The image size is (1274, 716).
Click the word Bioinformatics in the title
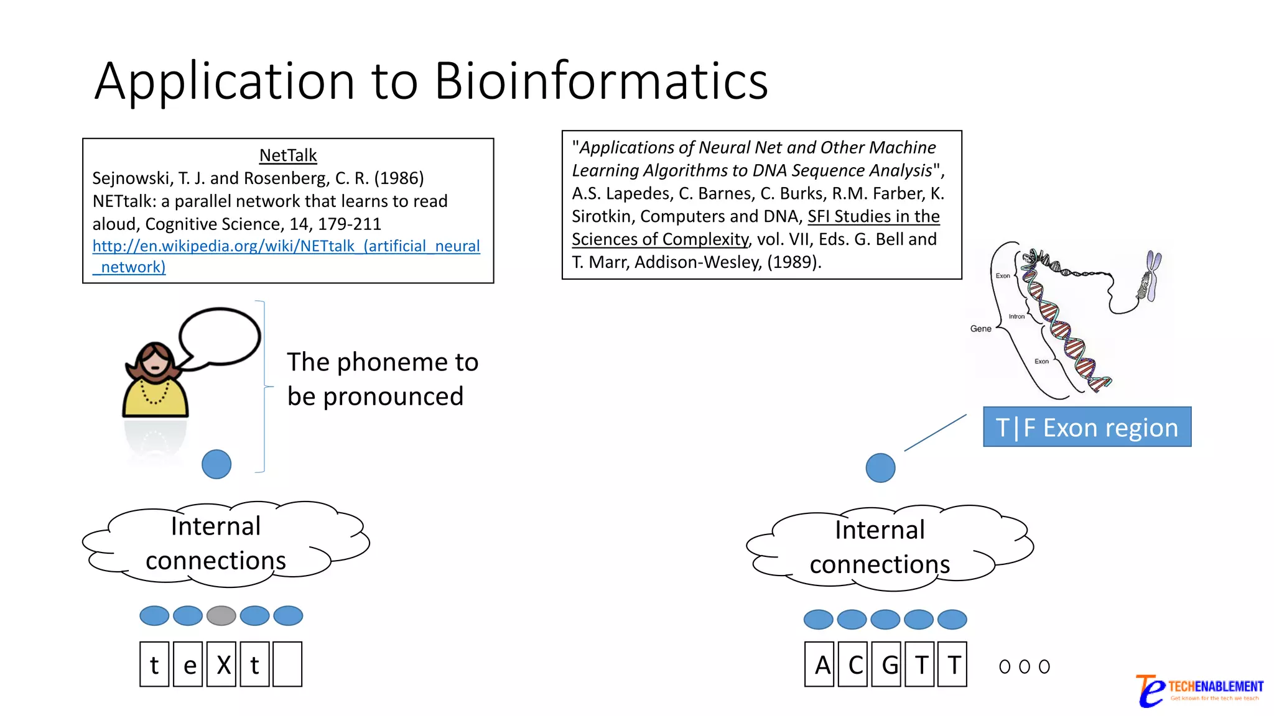[x=601, y=81]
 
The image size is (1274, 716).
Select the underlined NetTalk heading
[x=287, y=155]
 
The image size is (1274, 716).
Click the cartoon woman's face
[x=155, y=360]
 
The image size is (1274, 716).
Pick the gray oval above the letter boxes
[x=221, y=616]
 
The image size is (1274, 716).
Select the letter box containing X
[x=221, y=664]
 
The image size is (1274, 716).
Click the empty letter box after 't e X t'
[x=287, y=664]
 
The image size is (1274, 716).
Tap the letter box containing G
[x=890, y=664]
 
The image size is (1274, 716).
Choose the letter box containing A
[x=822, y=664]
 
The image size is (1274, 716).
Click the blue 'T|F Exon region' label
[x=1087, y=427]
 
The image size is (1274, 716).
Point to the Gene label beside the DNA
[x=980, y=329]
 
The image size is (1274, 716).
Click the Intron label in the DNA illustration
[x=1016, y=316]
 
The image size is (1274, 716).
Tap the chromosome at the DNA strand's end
[x=1152, y=276]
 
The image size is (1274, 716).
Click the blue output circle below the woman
[x=216, y=464]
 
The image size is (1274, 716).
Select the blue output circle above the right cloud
[x=880, y=468]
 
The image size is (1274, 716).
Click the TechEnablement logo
[x=1198, y=690]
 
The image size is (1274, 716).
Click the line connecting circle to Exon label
[x=935, y=433]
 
